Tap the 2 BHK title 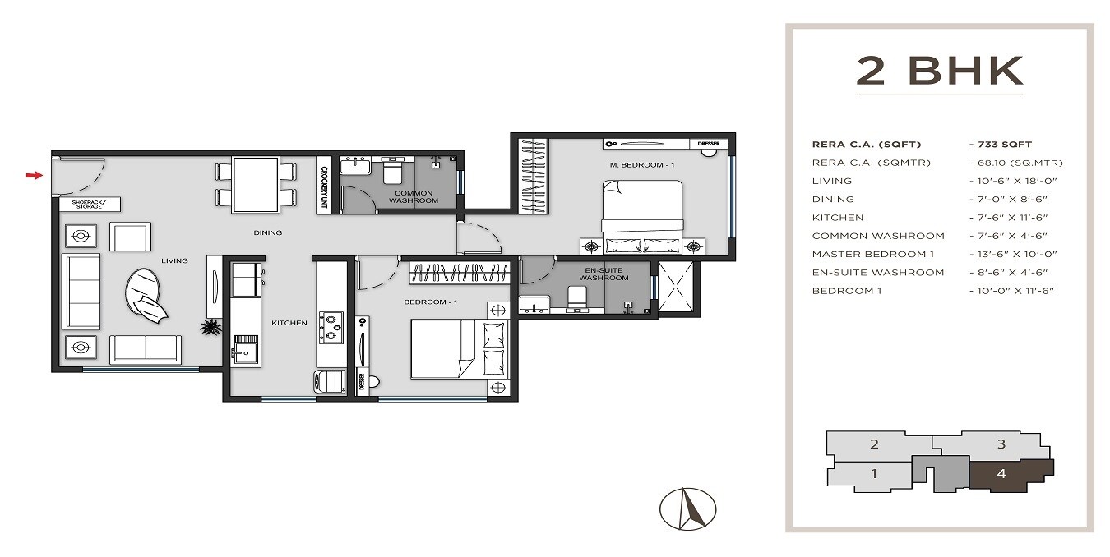[x=940, y=71]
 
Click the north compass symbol [x=687, y=509]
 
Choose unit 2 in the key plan [x=874, y=444]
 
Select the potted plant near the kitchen [x=212, y=328]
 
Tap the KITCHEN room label [x=289, y=323]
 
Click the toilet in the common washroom [x=391, y=171]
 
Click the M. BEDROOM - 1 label [x=642, y=165]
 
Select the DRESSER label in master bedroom [x=709, y=144]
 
